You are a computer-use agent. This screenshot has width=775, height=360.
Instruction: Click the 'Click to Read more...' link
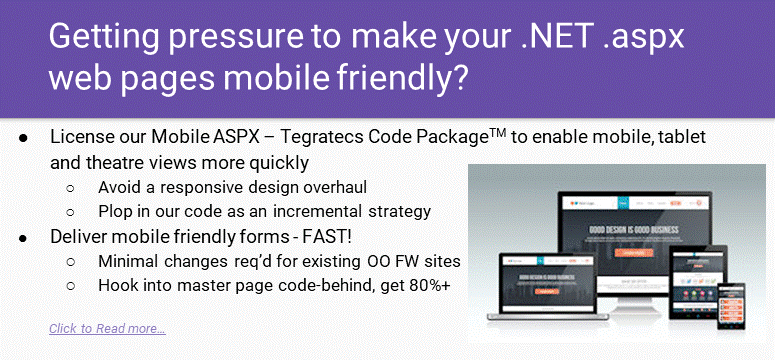click(x=107, y=329)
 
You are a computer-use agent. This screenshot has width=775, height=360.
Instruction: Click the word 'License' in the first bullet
click(x=81, y=137)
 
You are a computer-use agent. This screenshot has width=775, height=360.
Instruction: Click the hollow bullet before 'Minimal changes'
click(x=70, y=261)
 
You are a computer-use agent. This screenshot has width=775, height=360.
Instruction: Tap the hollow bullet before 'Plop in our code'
click(x=70, y=211)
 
